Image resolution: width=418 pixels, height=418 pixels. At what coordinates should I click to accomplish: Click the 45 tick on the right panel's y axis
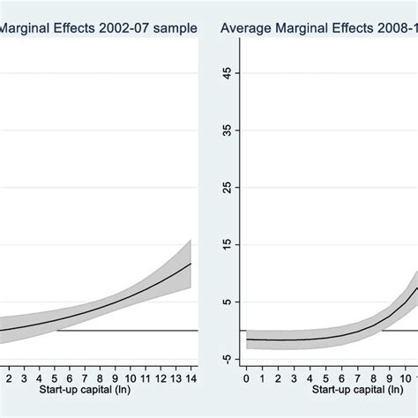[230, 75]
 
